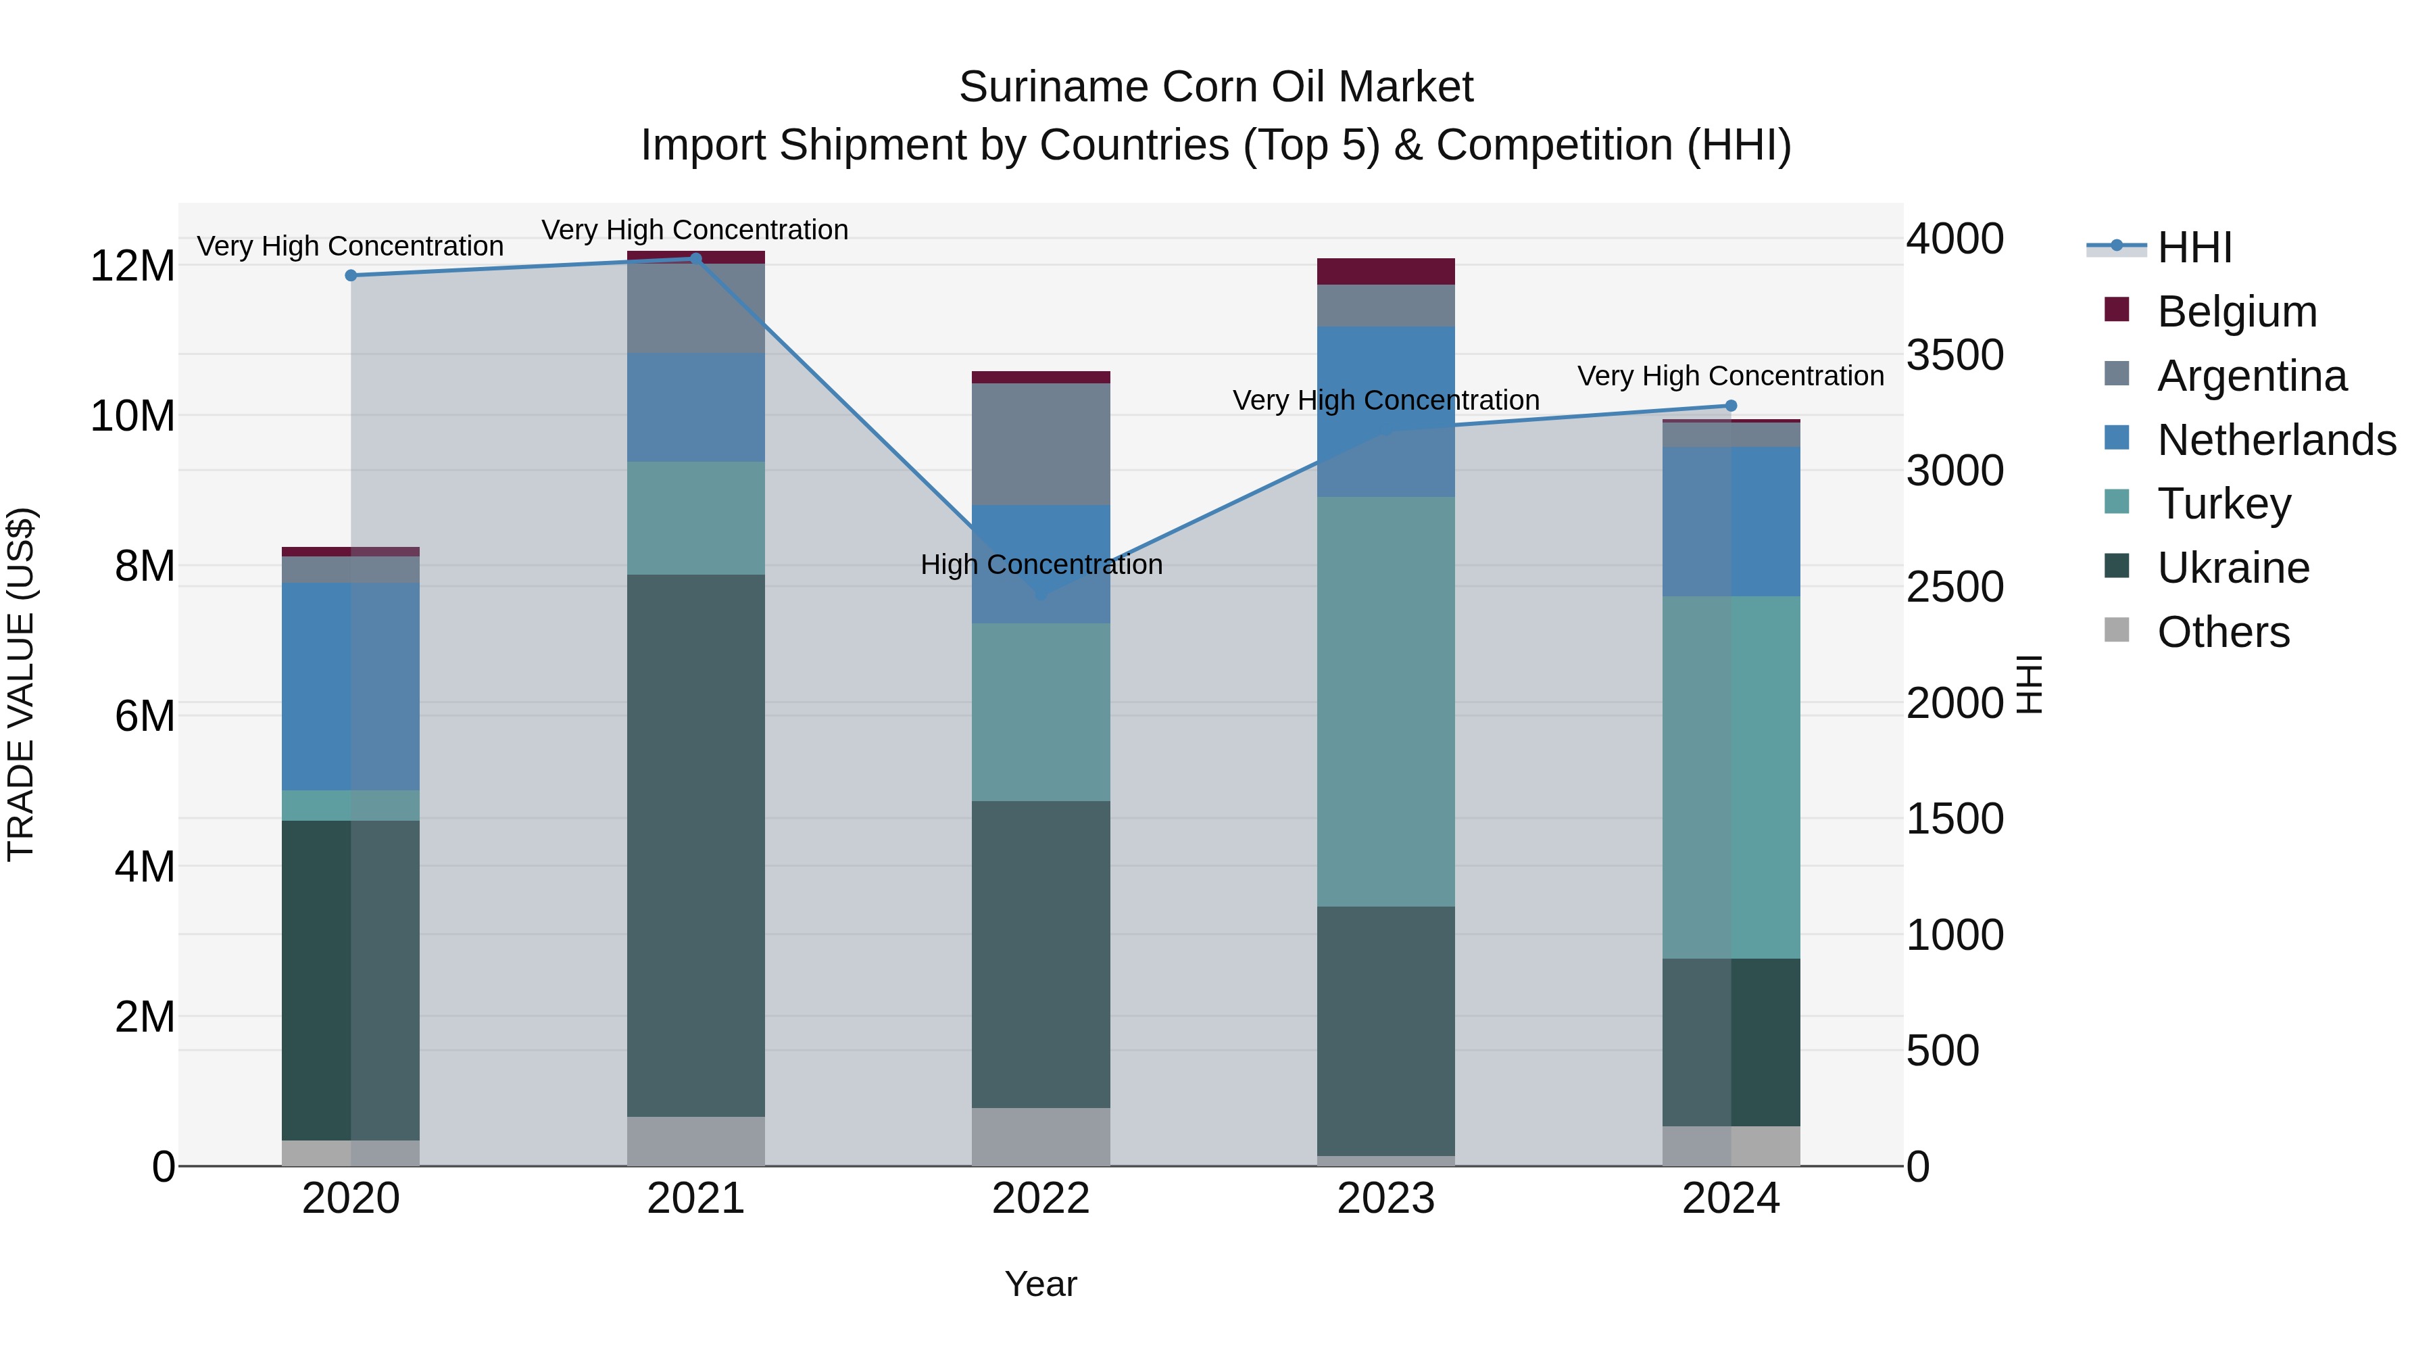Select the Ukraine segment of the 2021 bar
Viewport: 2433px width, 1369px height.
coord(695,846)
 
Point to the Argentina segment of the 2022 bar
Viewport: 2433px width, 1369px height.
coord(1041,444)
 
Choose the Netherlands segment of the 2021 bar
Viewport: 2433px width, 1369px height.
coord(695,407)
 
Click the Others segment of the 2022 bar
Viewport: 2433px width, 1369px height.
coord(1041,1136)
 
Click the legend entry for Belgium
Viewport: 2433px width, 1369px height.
coord(2236,312)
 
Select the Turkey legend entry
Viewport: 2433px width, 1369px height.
coord(2223,504)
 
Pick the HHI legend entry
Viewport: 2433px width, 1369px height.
coord(2194,247)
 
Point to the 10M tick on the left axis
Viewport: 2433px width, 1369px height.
coord(132,416)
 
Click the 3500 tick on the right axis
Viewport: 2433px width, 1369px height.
coord(1954,355)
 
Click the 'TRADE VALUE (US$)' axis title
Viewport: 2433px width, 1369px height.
coord(21,684)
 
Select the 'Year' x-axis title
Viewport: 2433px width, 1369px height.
coord(1041,1284)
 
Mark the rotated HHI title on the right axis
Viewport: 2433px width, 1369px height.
coord(2030,684)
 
